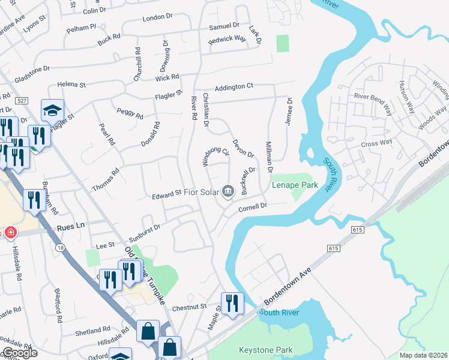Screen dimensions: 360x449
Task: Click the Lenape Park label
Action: point(295,185)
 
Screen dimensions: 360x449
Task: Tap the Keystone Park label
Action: point(265,350)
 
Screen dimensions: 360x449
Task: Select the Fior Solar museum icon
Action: point(228,191)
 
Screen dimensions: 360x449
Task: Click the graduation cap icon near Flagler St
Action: point(52,110)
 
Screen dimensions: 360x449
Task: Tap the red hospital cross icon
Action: point(10,232)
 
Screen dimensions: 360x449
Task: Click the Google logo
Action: point(19,353)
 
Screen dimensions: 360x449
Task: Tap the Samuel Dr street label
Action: point(223,26)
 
